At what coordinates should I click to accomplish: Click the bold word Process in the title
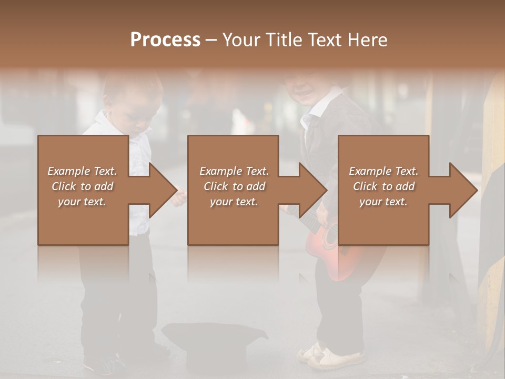165,39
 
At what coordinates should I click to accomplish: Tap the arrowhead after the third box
462,190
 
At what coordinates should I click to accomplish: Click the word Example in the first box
69,171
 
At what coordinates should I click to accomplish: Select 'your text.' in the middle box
234,202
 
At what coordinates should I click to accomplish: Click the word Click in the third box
365,186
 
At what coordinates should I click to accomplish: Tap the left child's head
132,95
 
